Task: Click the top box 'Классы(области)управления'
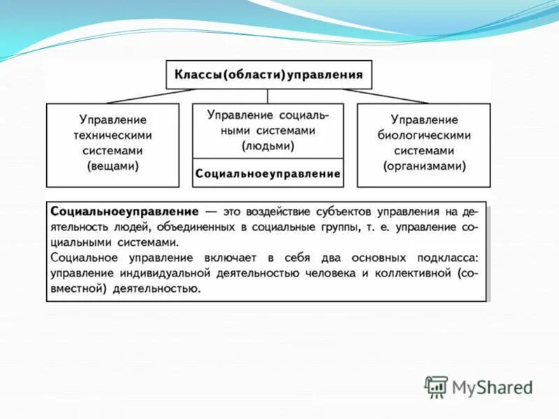coord(269,74)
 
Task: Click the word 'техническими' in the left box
coord(112,135)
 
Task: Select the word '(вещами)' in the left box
coord(112,166)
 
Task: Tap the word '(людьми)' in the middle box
coord(268,146)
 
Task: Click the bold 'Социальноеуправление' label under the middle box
coord(268,173)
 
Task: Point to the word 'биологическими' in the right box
coord(423,135)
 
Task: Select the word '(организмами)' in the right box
coord(423,166)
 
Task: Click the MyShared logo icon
coord(436,386)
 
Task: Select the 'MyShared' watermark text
coord(492,387)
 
